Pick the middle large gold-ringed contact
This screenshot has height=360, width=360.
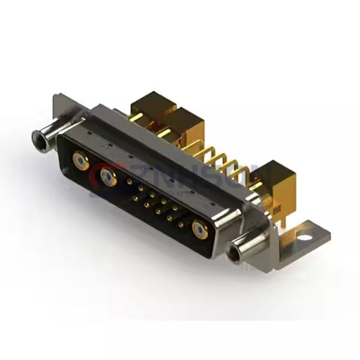click(109, 177)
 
